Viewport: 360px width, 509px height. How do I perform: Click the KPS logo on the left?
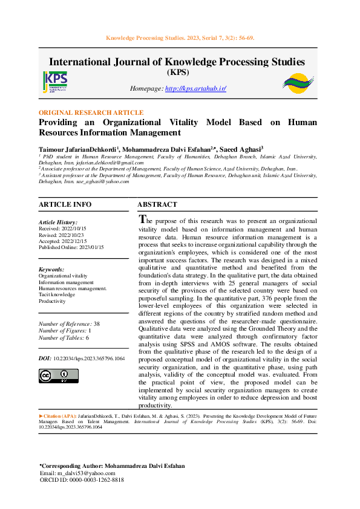click(x=55, y=81)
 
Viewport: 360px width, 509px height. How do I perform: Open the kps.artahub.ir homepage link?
click(x=195, y=89)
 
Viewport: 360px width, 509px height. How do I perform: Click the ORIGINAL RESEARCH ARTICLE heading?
click(x=91, y=112)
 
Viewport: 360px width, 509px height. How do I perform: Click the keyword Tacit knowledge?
click(x=56, y=294)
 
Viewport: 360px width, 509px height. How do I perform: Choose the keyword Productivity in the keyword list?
click(x=52, y=301)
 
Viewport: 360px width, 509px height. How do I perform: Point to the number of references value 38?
click(x=96, y=324)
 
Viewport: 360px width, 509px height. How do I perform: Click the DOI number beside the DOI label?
click(x=90, y=358)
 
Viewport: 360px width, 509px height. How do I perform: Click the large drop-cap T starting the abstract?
click(x=143, y=219)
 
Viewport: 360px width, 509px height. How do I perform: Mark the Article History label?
click(x=58, y=222)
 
